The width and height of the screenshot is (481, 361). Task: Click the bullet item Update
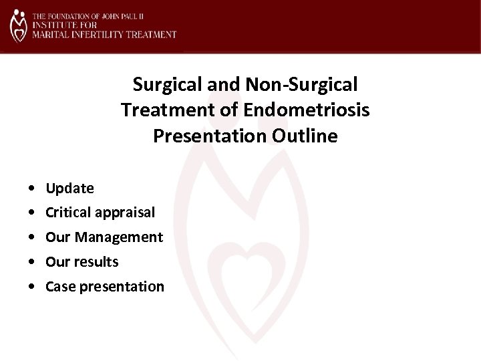[69, 189]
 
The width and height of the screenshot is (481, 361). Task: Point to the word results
[97, 262]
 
